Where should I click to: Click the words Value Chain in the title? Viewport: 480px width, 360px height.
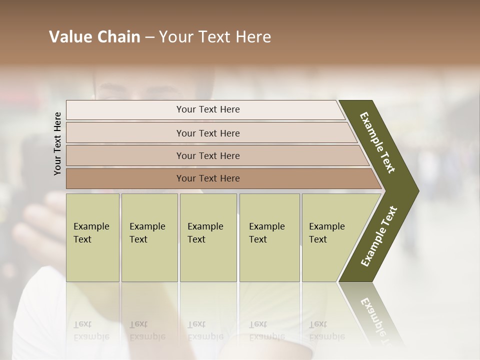tap(94, 37)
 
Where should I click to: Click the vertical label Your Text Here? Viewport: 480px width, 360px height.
tap(57, 143)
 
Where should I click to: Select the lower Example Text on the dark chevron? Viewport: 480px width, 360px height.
tap(379, 236)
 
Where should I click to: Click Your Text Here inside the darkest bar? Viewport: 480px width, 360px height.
tap(208, 178)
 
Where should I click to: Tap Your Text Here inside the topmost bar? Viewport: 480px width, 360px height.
tap(208, 109)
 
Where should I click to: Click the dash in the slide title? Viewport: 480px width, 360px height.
tap(149, 37)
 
